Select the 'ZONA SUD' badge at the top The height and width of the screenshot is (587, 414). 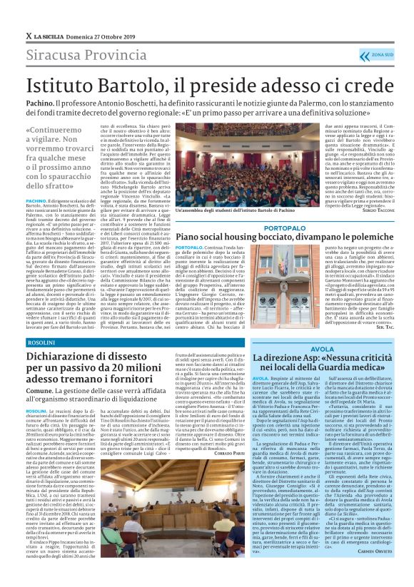click(380, 54)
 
